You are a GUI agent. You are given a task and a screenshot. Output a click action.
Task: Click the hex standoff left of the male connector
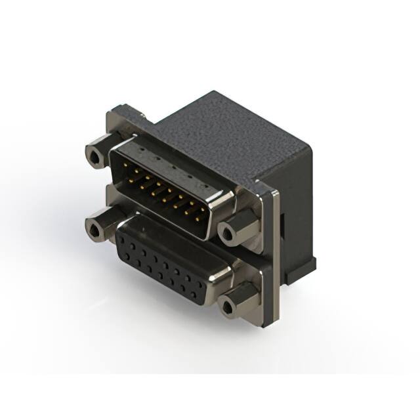click(96, 156)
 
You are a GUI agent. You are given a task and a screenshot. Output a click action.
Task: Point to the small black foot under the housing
click(308, 262)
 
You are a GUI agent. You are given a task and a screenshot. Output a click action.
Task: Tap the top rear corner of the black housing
click(214, 93)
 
